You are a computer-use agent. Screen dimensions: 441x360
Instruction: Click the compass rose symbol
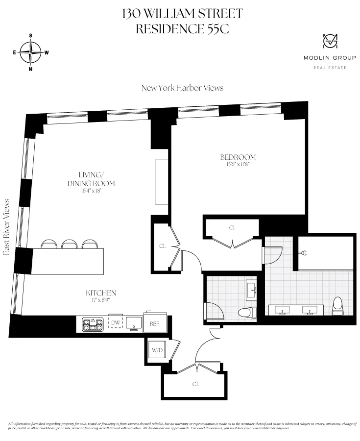pos(31,52)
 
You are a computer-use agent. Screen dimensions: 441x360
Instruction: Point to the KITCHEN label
pos(101,293)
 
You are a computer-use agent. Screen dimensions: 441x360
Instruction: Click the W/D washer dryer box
pos(157,350)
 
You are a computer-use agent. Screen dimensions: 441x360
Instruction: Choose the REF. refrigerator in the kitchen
pos(155,323)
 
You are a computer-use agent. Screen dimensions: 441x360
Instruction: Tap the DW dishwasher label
pos(115,322)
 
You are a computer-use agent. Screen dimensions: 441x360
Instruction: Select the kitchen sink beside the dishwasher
pos(133,322)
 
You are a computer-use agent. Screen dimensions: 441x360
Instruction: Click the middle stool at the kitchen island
pos(69,244)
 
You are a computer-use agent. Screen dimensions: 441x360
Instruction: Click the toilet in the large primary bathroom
pos(337,306)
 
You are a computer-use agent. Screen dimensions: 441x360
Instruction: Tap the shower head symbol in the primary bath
pos(304,253)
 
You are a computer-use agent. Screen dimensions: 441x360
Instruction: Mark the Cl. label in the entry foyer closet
pos(195,384)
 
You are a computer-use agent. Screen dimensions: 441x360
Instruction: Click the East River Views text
pos(7,227)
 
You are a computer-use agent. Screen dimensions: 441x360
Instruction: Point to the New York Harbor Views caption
pos(182,88)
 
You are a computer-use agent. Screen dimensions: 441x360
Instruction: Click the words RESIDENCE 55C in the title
pos(182,29)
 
